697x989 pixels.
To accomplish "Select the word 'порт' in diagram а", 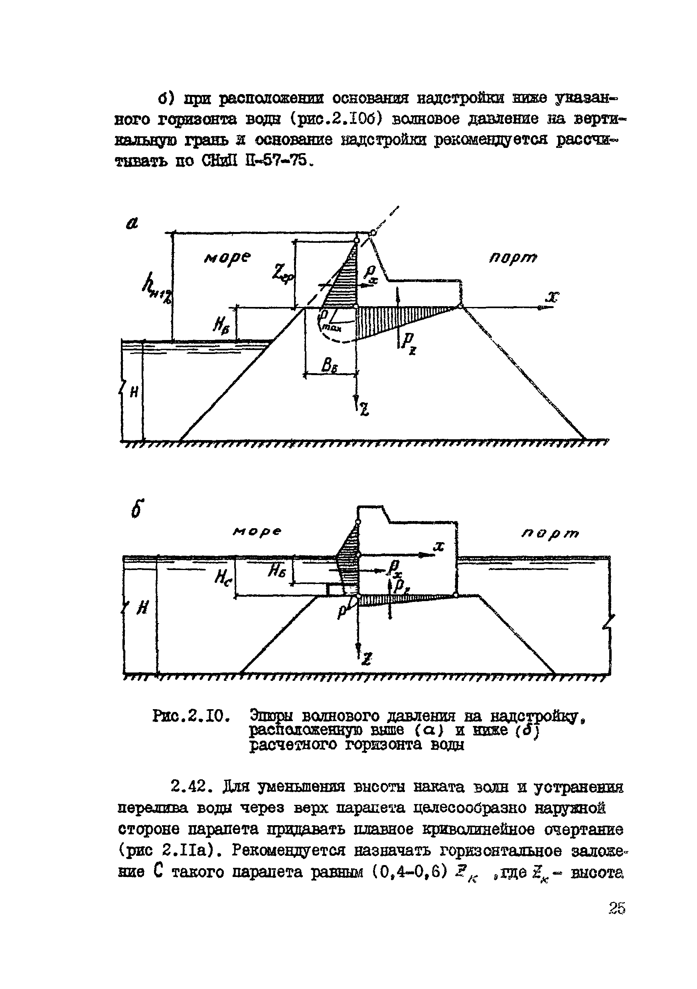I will (x=513, y=258).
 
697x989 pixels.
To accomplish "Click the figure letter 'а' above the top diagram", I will (x=132, y=223).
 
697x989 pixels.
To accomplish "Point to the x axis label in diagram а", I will (x=551, y=297).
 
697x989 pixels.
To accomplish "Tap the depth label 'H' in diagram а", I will (x=134, y=392).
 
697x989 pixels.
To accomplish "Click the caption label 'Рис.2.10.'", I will (x=191, y=717).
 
